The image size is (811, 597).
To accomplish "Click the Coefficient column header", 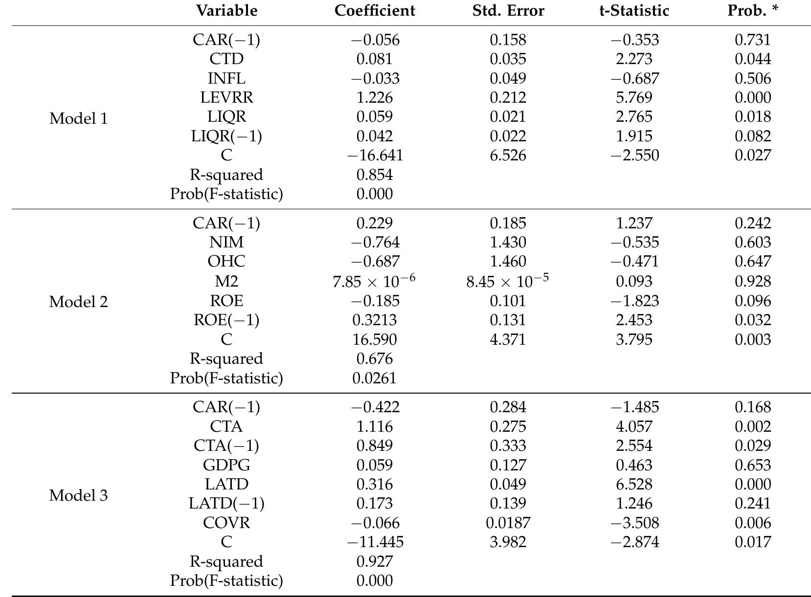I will tap(375, 11).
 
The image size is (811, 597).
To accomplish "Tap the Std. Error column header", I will tap(508, 11).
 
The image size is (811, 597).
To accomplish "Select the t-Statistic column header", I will tap(634, 11).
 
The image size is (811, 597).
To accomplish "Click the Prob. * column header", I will tap(753, 11).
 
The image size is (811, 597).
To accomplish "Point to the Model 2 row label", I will tap(78, 302).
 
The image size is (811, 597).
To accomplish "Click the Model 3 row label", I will tap(78, 496).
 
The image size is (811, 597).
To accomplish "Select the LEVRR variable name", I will tap(226, 97).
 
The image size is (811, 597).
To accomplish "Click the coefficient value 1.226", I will tap(375, 97).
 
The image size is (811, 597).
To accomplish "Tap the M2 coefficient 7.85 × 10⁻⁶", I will tap(374, 281).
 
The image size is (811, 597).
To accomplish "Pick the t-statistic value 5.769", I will tap(634, 97).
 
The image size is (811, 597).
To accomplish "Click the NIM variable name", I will tap(226, 242).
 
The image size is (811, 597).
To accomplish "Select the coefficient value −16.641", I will tap(375, 155).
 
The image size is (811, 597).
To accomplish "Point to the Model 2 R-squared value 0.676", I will tap(375, 359).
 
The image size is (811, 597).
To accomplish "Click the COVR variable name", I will tap(226, 523).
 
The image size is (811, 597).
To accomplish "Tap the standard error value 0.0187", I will tap(508, 523).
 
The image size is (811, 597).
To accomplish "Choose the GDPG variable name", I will tap(226, 465).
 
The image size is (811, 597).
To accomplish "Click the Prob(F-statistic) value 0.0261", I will tap(375, 378).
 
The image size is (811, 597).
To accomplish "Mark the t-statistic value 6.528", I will tap(634, 484).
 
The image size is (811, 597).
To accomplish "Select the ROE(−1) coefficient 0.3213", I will tap(375, 320).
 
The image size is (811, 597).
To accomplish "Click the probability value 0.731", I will tap(753, 40).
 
